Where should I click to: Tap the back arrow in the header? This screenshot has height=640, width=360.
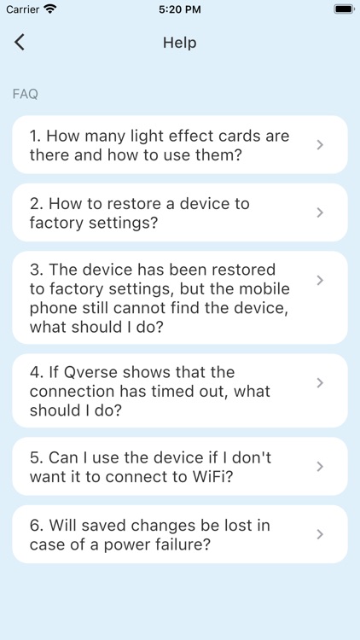coord(20,43)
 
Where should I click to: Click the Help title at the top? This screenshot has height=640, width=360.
coord(179,43)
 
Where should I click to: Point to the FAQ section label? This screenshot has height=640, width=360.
coord(25,94)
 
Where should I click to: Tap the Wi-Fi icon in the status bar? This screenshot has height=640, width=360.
coord(50,9)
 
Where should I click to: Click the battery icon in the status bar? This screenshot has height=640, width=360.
coord(343,9)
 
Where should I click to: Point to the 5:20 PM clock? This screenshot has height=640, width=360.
coord(180,9)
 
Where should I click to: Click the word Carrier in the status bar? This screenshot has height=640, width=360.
coord(23,9)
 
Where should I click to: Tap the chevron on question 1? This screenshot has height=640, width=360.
coord(320,145)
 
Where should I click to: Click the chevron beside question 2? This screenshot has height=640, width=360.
coord(320,212)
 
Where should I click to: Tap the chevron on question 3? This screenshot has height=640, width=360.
coord(320,280)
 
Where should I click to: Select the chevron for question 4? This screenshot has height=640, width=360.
coord(320,382)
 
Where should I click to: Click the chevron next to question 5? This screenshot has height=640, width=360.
coord(320,466)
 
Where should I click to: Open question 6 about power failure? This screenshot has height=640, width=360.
coord(150,534)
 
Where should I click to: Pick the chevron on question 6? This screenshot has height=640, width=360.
coord(320,534)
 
